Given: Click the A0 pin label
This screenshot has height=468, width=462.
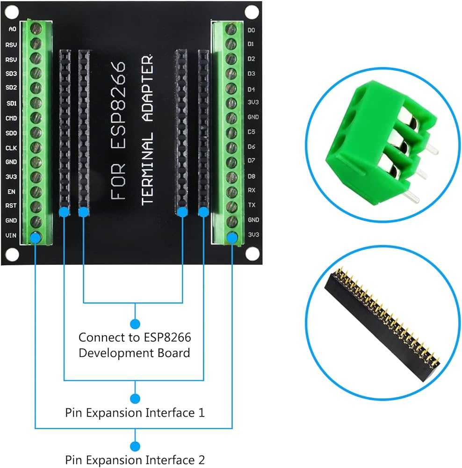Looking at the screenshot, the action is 12,29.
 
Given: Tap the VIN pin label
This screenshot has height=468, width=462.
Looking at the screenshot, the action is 11,235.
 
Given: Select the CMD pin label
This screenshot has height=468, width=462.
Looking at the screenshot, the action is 11,118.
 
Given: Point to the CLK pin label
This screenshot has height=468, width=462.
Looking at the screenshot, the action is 11,148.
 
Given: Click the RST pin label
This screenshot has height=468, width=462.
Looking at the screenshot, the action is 11,205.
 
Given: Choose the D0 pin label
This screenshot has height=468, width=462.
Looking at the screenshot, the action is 252,30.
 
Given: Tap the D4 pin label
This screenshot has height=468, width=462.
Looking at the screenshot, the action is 252,89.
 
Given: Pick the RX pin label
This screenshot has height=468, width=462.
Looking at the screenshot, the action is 252,190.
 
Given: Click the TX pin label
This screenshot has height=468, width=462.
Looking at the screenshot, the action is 252,205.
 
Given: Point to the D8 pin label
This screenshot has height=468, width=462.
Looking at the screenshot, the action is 252,176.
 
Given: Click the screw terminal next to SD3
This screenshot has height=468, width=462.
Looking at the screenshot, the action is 36,73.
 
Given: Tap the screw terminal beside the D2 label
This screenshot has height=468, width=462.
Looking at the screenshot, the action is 231,58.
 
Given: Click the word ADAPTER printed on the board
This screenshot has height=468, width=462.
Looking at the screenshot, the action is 147,88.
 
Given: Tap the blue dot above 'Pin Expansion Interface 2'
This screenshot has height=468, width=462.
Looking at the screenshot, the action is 135,446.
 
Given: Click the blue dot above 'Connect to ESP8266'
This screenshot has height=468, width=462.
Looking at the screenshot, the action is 135,324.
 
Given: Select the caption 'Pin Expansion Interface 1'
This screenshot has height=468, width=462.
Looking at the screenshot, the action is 135,413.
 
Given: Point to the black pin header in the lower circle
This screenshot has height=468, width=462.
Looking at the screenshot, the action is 382,324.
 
